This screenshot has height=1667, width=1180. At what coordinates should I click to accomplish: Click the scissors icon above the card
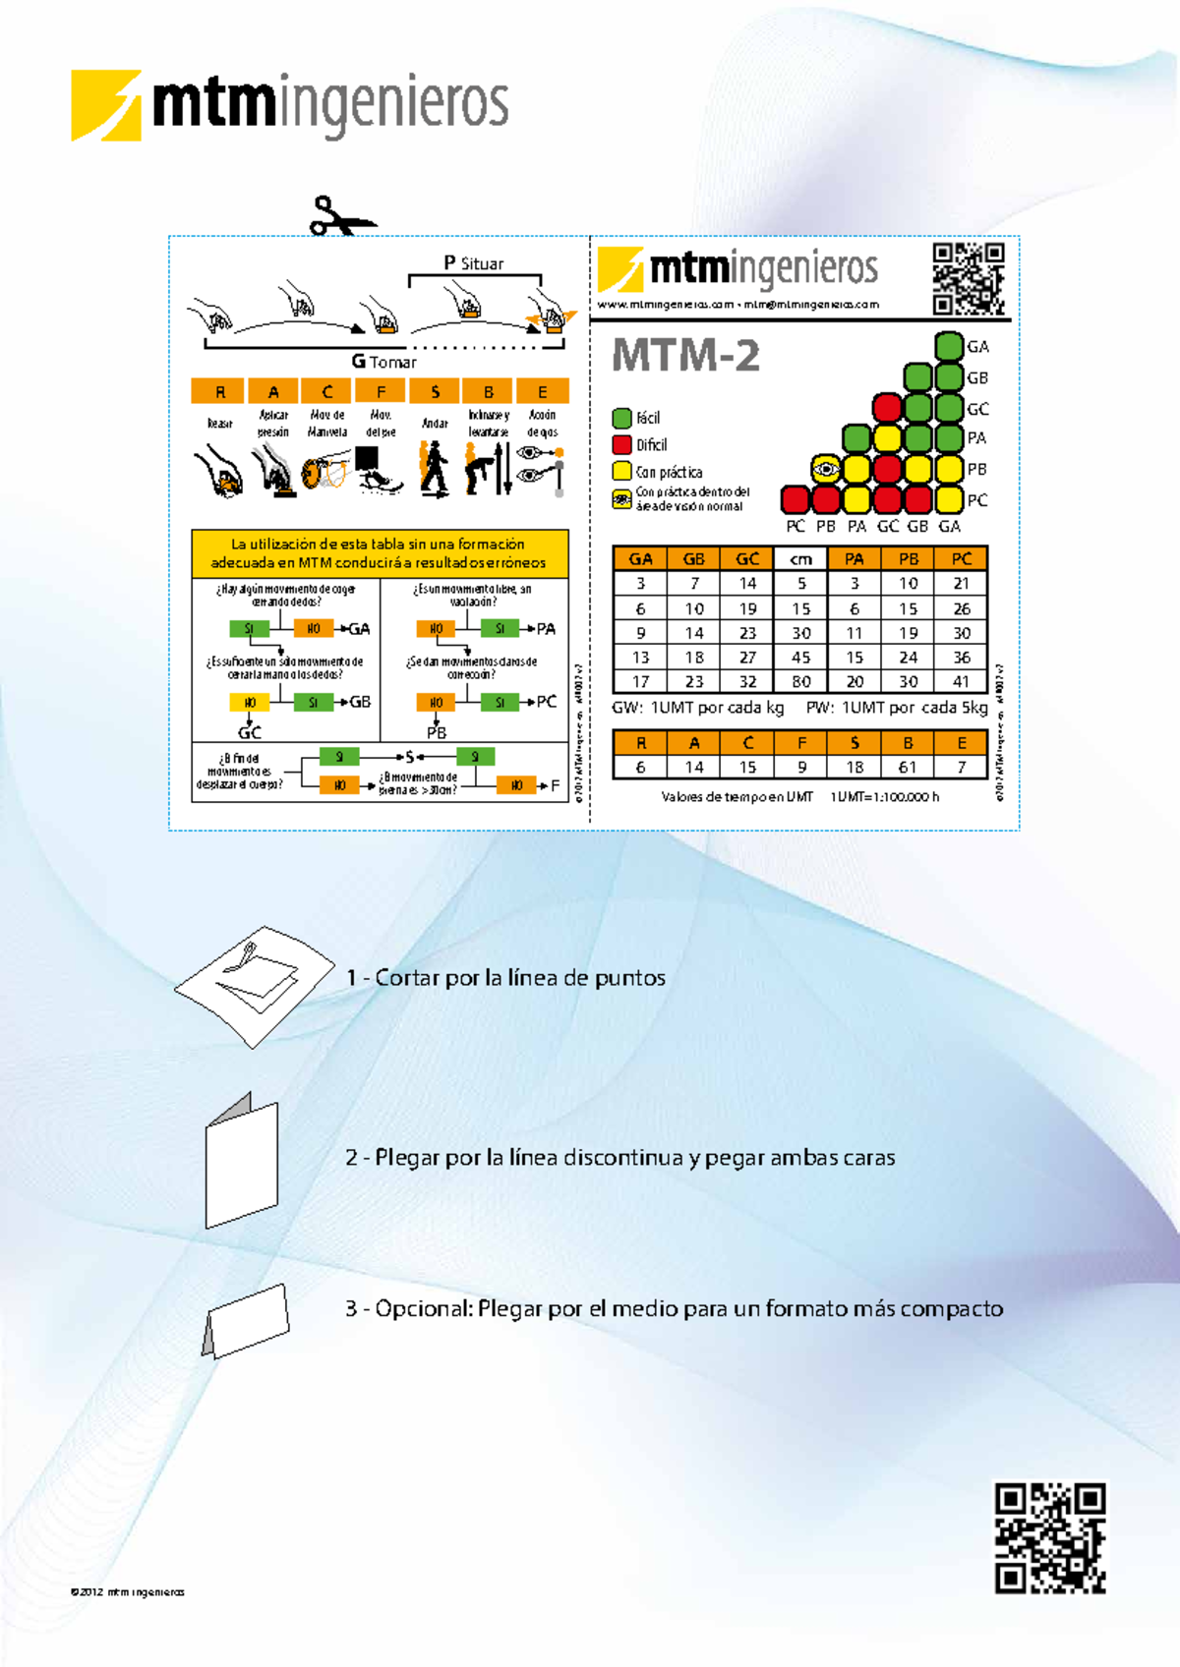340,216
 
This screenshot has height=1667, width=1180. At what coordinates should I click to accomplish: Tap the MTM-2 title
685,356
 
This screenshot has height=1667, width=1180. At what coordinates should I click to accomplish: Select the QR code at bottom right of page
1050,1538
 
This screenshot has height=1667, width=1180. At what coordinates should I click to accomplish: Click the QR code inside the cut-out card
969,279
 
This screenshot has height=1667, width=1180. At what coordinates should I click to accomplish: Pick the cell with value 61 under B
908,767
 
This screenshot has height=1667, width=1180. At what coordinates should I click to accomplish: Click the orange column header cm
801,559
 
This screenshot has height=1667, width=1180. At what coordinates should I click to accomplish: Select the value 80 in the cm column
801,681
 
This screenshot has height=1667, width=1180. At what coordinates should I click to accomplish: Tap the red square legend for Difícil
621,444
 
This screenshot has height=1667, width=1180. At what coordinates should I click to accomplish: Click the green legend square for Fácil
621,418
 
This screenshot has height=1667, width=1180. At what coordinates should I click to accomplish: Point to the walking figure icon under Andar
434,469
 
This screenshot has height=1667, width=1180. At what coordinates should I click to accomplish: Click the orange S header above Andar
435,391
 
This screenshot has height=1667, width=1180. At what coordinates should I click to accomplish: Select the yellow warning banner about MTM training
380,553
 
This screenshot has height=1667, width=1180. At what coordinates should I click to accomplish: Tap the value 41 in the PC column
961,681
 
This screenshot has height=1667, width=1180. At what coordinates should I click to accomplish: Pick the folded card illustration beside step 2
242,1162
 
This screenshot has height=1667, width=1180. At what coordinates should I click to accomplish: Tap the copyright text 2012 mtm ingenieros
128,1591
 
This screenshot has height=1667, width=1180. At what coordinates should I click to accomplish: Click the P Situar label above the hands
473,263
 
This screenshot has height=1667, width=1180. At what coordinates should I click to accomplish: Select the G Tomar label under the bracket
384,362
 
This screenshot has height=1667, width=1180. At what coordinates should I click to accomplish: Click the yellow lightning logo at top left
105,105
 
